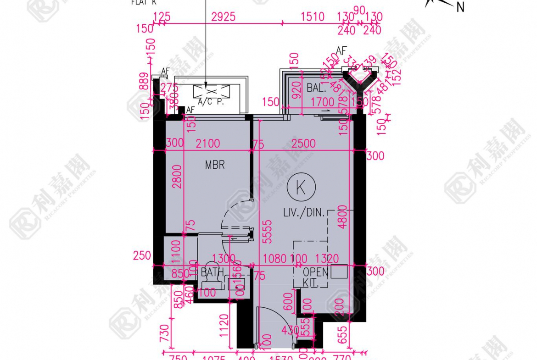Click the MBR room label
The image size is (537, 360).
tap(215, 165)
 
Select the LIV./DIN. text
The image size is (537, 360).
tap(304, 213)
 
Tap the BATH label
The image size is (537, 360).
tap(213, 272)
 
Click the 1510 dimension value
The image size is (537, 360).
tap(313, 17)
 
